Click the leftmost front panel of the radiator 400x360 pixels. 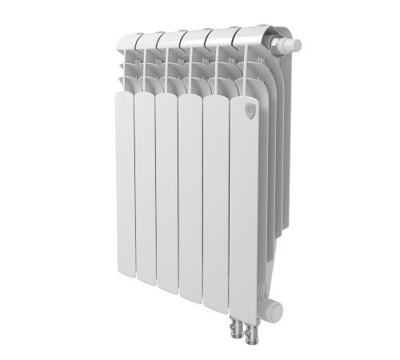[124, 184]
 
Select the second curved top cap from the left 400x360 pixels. [150, 39]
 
